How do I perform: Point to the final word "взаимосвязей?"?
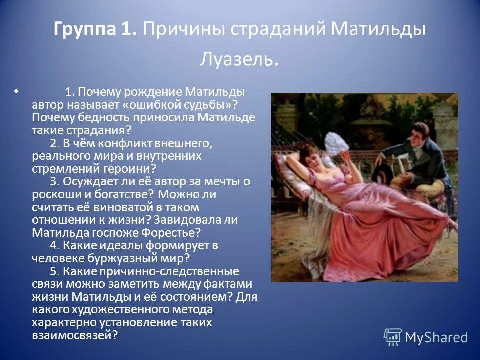point(74,335)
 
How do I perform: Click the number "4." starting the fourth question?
point(55,245)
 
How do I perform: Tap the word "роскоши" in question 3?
point(52,194)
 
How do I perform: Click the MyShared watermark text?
point(436,337)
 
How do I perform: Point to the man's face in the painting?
point(418,134)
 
